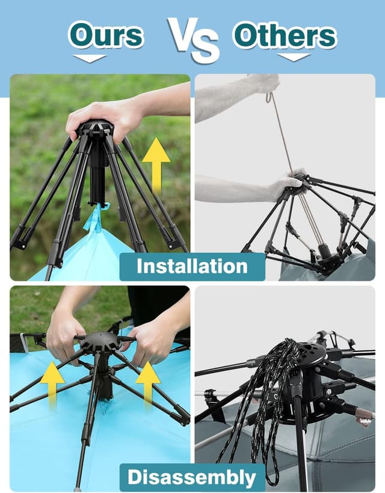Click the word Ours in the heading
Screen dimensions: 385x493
pos(106,35)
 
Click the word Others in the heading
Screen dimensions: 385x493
pos(285,35)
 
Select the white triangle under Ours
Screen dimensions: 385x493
pos(90,58)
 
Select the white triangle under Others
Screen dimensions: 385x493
pos(294,57)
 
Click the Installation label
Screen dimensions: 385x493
pos(192,267)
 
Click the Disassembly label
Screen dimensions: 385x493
pos(192,477)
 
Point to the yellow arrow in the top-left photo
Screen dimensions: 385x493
pos(156,166)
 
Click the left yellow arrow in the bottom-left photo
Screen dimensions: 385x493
pos(52,385)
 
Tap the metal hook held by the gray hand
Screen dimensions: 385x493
pos(269,97)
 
